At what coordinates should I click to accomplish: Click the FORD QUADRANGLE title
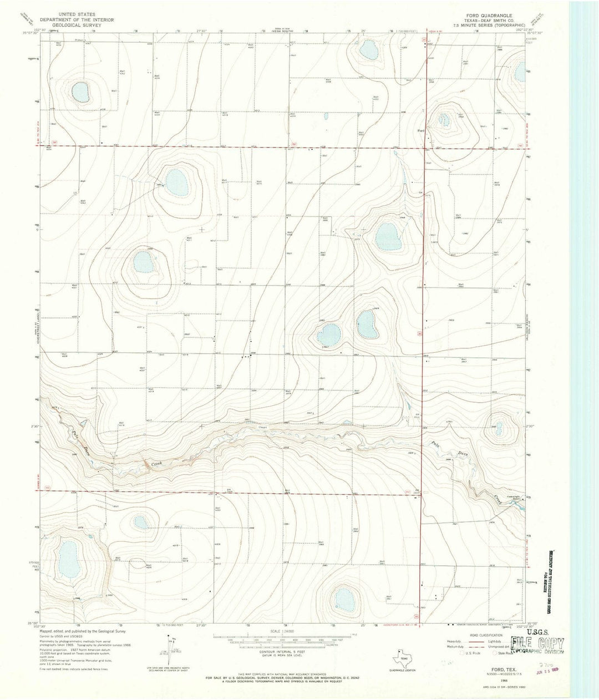(x=490, y=15)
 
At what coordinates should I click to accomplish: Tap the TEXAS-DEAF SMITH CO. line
(x=490, y=20)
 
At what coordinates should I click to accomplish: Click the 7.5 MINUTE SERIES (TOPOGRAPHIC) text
(x=490, y=25)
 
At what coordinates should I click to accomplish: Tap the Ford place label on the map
(x=421, y=131)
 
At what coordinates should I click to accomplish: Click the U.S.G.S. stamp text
(x=524, y=631)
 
